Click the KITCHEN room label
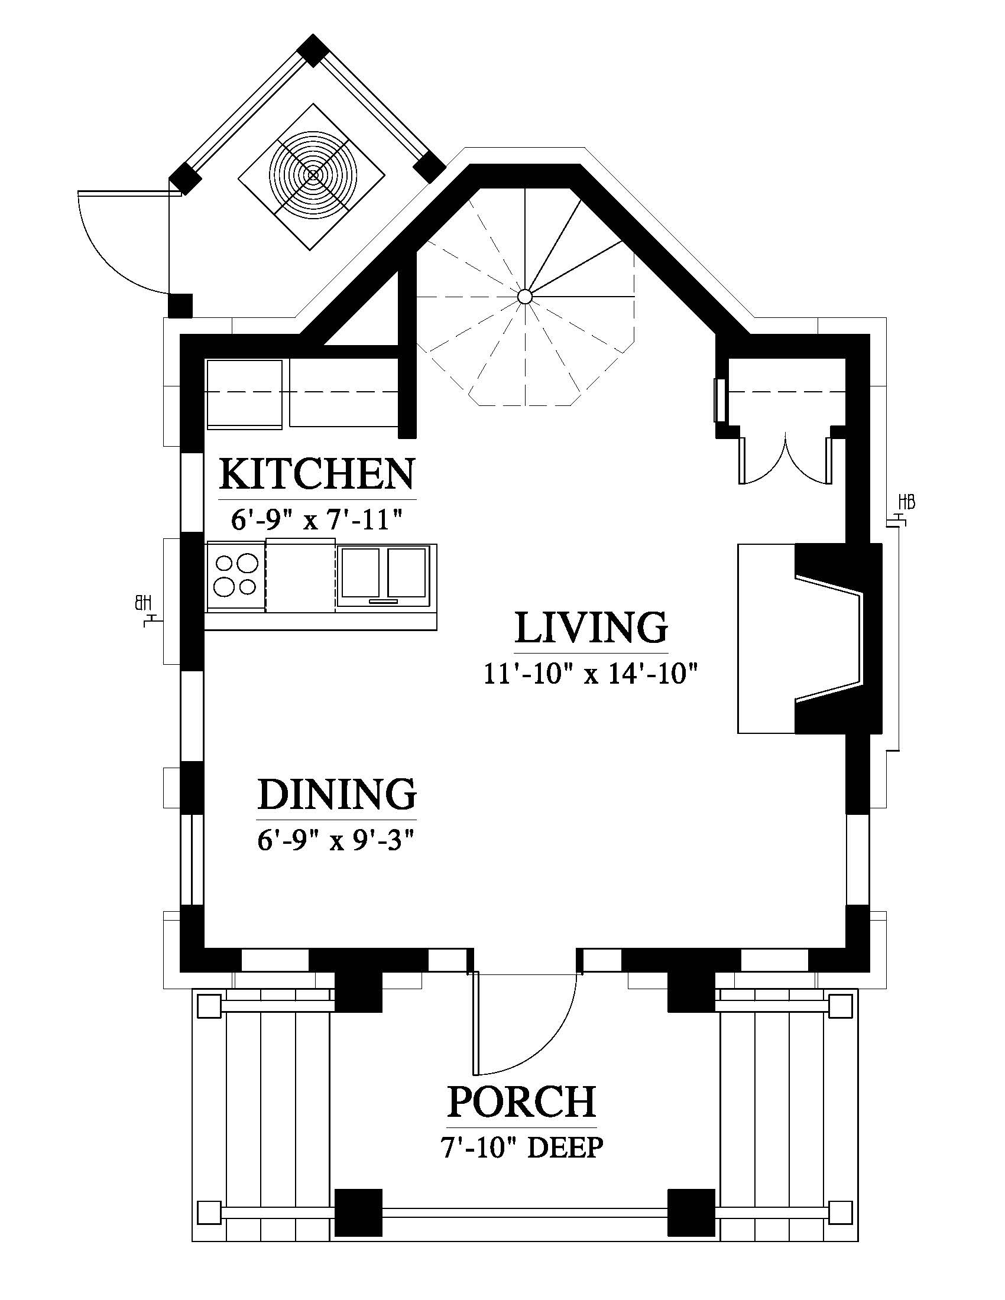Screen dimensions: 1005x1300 pos(317,474)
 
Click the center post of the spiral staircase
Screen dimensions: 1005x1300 pos(524,296)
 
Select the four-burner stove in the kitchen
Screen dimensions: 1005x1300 pos(236,576)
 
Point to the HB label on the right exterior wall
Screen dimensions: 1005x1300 pos(906,502)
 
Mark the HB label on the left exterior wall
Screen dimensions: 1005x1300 pos(142,602)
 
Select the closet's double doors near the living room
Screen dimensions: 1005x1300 pos(785,461)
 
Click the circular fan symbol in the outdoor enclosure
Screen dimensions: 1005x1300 pos(312,175)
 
